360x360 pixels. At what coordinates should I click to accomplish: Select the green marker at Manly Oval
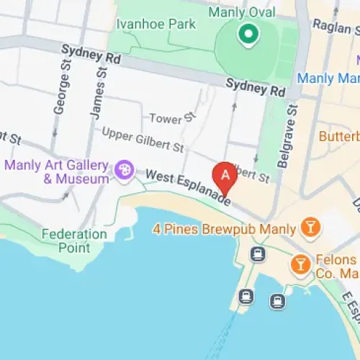[x=248, y=33]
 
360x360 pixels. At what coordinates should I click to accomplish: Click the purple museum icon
[x=124, y=171]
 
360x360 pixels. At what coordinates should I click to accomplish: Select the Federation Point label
[x=74, y=241]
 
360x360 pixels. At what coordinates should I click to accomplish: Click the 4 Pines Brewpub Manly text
[x=224, y=230]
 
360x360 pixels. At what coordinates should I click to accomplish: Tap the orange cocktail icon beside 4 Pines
[x=310, y=228]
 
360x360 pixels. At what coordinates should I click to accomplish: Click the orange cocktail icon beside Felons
[x=300, y=266]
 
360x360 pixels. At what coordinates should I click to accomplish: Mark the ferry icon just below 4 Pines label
[x=257, y=253]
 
